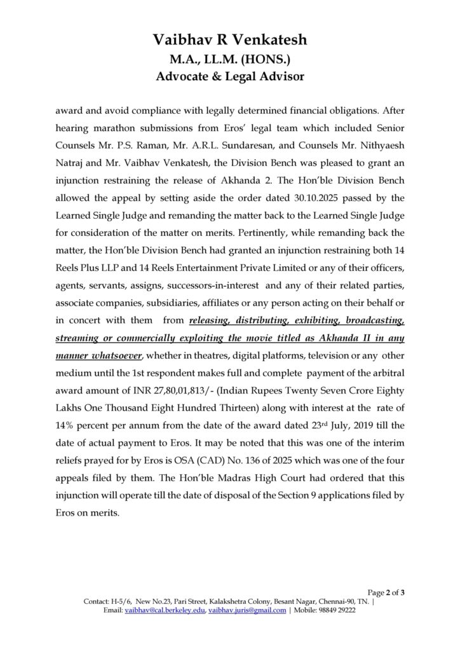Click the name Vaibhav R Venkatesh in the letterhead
coord(229,40)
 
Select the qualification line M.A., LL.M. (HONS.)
coord(229,59)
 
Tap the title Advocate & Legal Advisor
coord(229,77)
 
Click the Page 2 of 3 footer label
coord(386,593)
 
